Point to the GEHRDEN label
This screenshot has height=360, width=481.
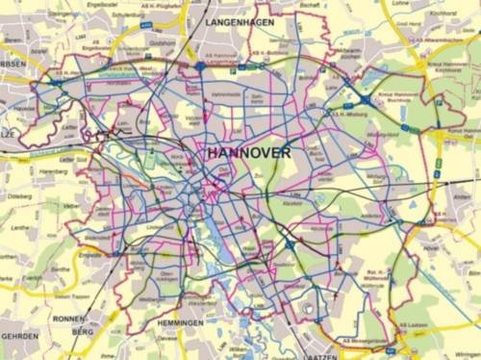19,337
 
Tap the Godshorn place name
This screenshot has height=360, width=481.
161,42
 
